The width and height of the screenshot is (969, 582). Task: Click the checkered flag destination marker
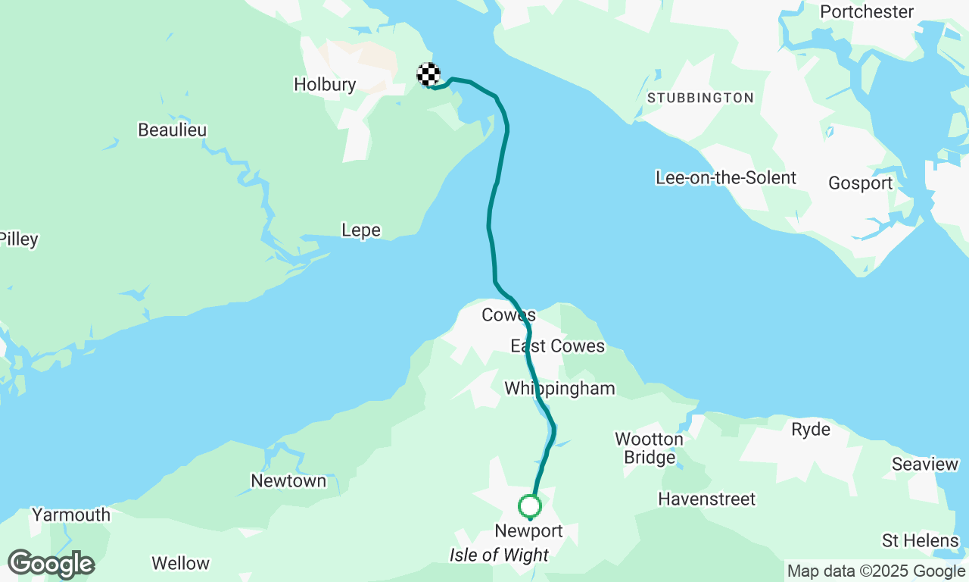click(428, 74)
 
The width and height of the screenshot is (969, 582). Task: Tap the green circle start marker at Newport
click(529, 505)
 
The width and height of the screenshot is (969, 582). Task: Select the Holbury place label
click(325, 84)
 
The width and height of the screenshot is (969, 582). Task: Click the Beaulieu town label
click(172, 130)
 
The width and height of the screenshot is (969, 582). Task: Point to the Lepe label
click(360, 230)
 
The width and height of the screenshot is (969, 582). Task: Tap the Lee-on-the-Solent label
click(725, 178)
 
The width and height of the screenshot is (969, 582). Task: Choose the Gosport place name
click(860, 183)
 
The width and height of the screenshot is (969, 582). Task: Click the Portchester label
click(867, 12)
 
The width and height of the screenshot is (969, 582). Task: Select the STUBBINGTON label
click(700, 98)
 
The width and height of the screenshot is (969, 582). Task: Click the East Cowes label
click(557, 346)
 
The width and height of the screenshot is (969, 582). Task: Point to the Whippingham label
click(559, 389)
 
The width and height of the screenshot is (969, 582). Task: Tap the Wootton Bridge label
click(649, 449)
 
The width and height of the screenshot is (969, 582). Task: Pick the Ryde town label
click(810, 430)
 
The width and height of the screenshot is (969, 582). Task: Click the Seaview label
click(924, 464)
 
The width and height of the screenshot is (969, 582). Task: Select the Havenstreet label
click(706, 499)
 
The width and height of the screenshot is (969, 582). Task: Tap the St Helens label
click(920, 541)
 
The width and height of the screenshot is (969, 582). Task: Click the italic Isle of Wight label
click(499, 555)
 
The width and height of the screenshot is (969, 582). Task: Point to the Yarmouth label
click(70, 515)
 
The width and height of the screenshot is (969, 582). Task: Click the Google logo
click(51, 565)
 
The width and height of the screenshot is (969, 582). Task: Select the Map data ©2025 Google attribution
click(876, 571)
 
